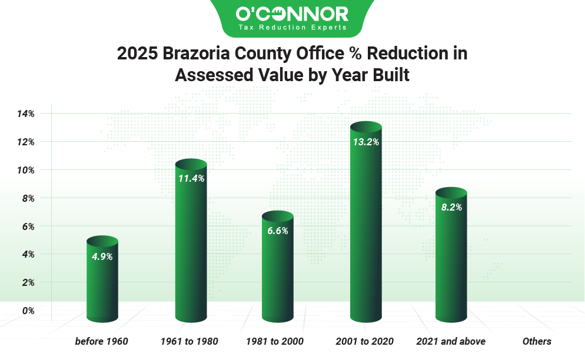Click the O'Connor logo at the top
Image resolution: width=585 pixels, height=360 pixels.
pos(292,18)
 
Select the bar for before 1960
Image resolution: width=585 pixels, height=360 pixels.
pos(102,279)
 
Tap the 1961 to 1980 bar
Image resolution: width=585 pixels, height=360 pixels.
pos(191,241)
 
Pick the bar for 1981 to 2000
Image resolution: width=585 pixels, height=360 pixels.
pos(278,266)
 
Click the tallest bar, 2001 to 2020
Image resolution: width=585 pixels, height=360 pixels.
pos(366,222)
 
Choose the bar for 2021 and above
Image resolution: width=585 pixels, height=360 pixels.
pos(451,255)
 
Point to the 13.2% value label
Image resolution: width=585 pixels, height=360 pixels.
pos(366,142)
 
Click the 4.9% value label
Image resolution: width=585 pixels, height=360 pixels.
pos(102,256)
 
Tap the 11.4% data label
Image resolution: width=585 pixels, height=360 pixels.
pos(191,179)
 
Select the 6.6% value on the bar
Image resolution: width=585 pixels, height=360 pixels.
pos(278,231)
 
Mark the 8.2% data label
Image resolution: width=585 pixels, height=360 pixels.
pos(451,208)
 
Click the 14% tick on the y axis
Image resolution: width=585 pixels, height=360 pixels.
pos(25,114)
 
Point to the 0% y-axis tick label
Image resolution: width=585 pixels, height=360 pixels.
pos(28,311)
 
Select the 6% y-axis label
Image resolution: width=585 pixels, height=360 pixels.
pos(28,226)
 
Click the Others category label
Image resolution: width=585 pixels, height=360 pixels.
pos(537,341)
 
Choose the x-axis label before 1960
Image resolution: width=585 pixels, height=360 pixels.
pos(101,341)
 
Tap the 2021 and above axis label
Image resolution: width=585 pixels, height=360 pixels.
pos(451,341)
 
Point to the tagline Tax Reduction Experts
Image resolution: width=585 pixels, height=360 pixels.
pos(292,27)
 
